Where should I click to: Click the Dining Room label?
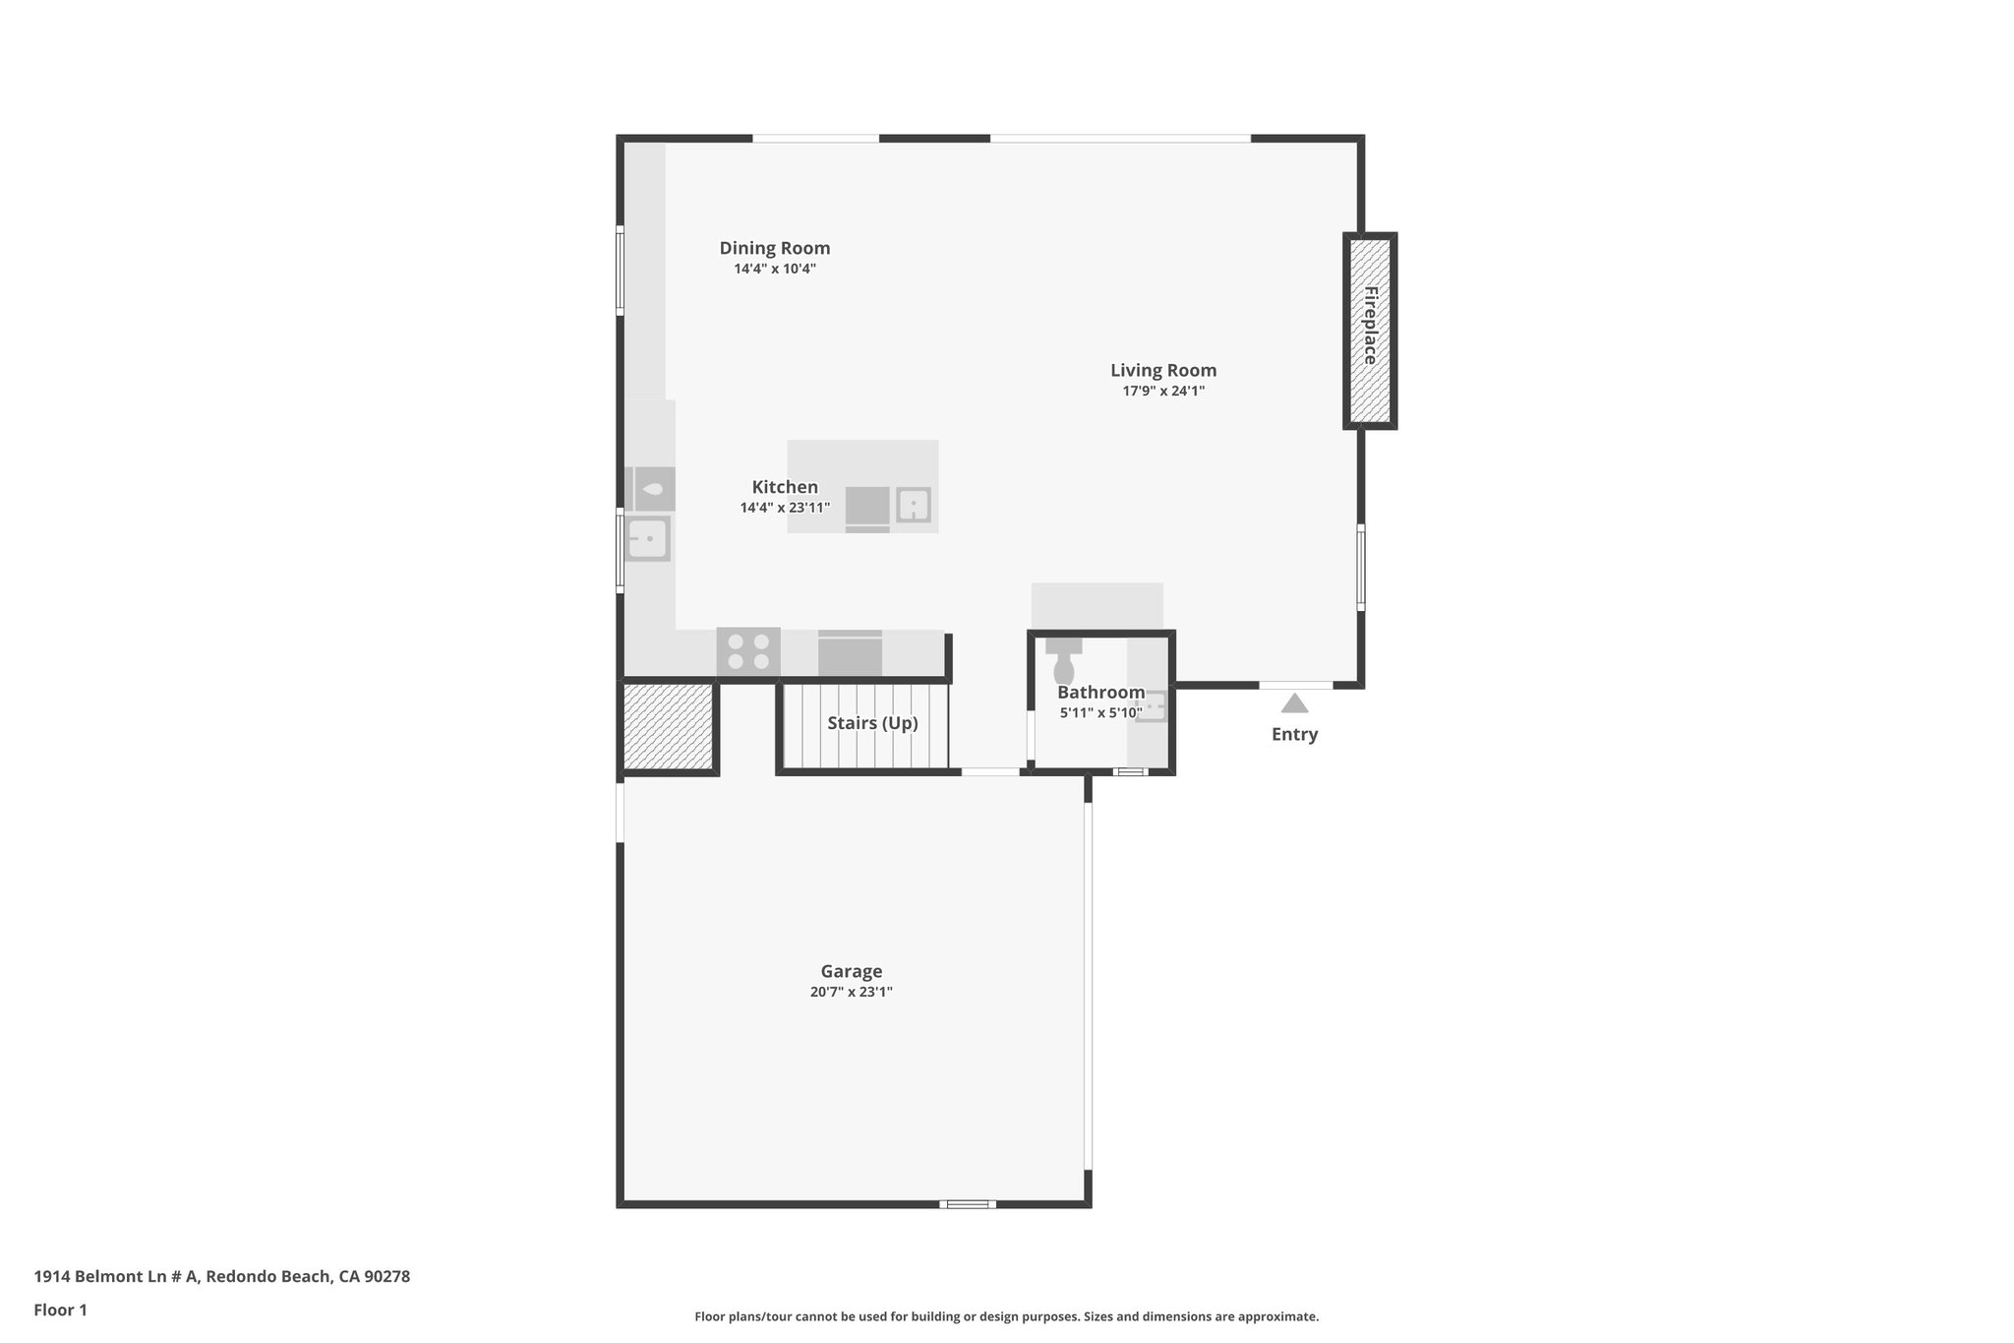point(775,248)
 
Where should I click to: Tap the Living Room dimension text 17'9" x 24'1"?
point(1163,391)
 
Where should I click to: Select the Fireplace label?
point(1370,326)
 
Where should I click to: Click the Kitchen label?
point(785,487)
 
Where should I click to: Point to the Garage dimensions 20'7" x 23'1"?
point(851,992)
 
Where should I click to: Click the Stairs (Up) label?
point(872,723)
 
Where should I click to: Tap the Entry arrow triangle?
point(1294,703)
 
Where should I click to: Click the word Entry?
point(1294,734)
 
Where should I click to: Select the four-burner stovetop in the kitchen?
point(748,651)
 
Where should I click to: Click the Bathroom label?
point(1100,693)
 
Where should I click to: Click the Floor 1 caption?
point(60,1310)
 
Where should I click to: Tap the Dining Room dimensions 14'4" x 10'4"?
point(775,269)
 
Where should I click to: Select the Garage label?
point(852,971)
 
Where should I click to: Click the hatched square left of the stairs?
point(669,726)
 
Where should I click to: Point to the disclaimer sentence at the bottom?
point(1006,1316)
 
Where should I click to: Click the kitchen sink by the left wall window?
point(649,539)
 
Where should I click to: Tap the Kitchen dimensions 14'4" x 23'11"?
point(785,508)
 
